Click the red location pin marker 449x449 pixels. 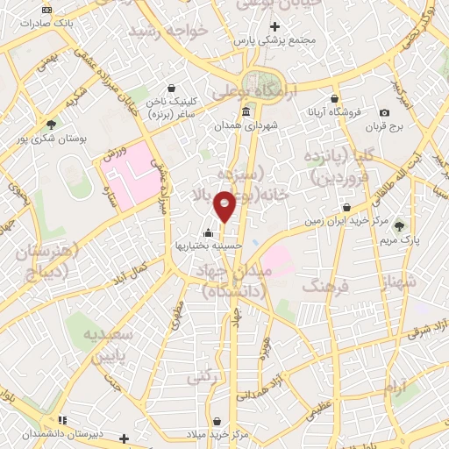click(x=225, y=206)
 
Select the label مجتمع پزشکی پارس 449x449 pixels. click(x=275, y=40)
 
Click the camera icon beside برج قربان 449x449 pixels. click(x=385, y=113)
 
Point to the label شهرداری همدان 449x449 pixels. click(x=249, y=126)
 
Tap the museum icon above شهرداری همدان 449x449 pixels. click(x=245, y=112)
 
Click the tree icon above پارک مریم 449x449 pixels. click(x=402, y=225)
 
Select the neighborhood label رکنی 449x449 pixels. click(x=199, y=375)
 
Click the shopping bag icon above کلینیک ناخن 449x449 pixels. click(x=169, y=89)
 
